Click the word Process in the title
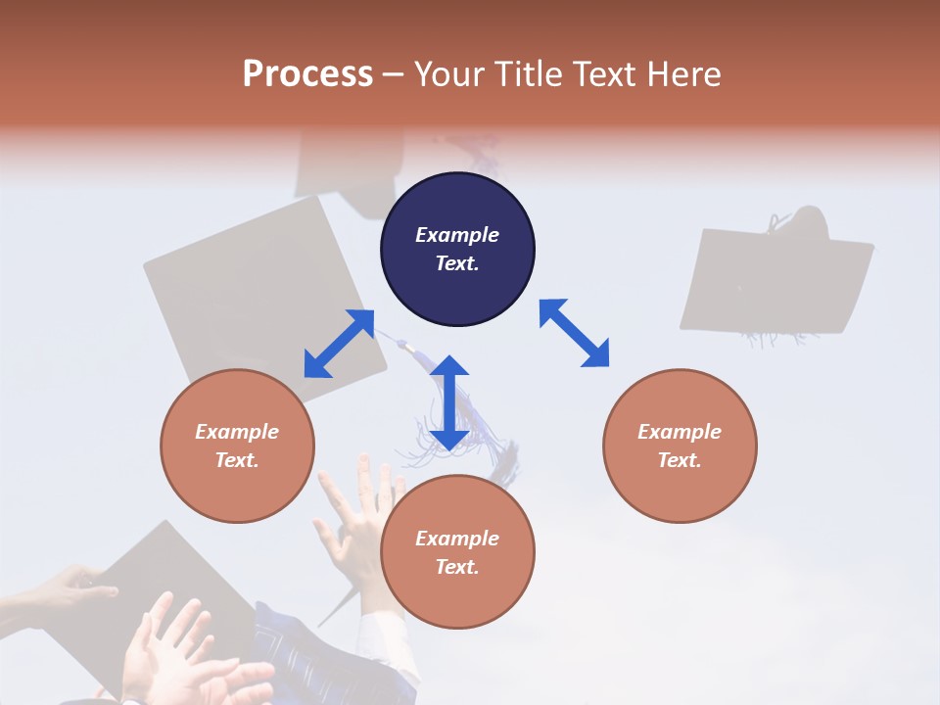(307, 74)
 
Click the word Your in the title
(449, 74)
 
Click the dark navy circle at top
(457, 249)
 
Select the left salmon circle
(237, 446)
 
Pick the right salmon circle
(680, 446)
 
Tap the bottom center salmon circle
(457, 552)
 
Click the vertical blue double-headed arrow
(449, 402)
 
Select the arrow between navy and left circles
(339, 344)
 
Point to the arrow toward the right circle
(575, 333)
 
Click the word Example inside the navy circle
(457, 235)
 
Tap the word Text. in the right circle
(680, 460)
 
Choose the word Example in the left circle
(237, 432)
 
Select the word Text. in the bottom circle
(457, 567)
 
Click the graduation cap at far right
(775, 279)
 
